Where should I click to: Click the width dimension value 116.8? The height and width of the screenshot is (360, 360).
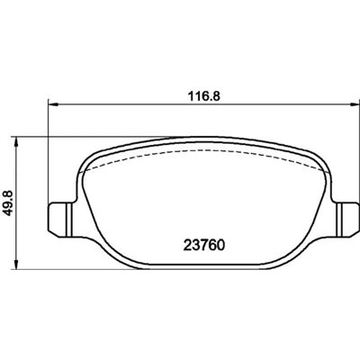[x=204, y=96]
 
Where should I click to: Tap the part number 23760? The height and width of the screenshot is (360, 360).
[x=204, y=246]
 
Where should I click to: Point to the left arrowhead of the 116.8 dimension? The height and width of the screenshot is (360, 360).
[x=52, y=104]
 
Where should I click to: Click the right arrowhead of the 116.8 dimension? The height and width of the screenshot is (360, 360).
[x=355, y=104]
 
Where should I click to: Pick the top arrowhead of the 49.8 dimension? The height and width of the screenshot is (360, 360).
[x=16, y=142]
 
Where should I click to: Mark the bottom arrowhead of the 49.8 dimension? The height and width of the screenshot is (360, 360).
[x=16, y=264]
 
